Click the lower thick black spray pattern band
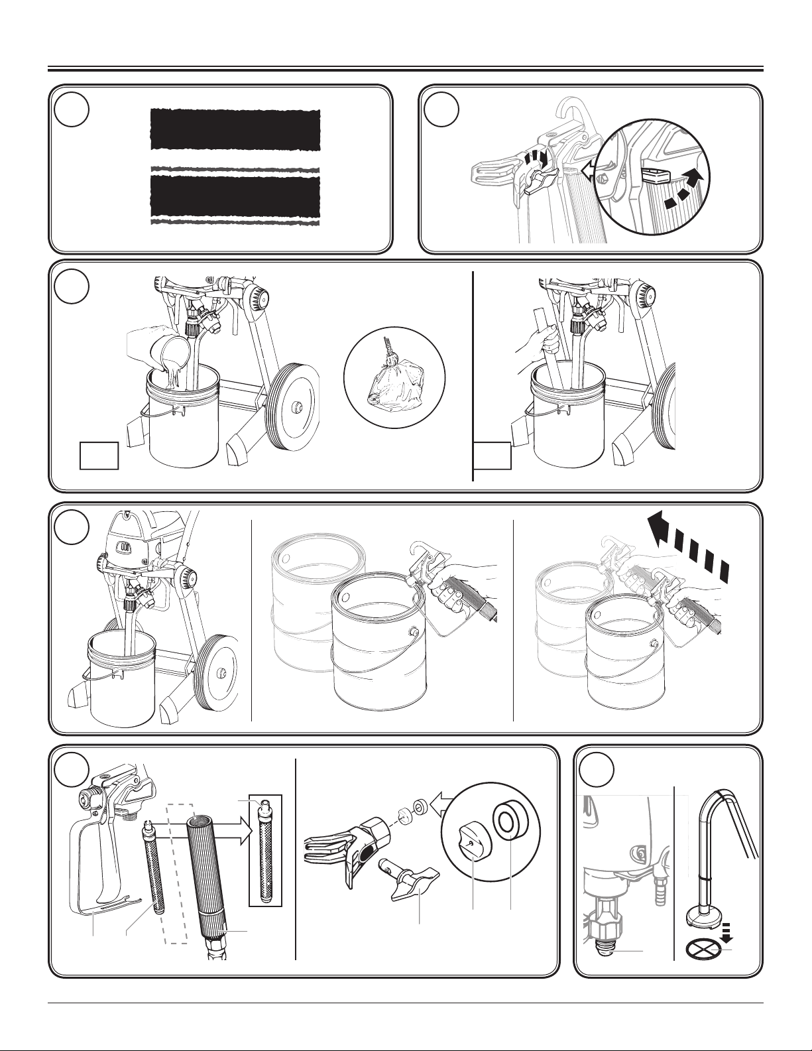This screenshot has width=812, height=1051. tap(235, 196)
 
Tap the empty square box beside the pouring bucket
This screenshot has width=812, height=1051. tap(99, 456)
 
